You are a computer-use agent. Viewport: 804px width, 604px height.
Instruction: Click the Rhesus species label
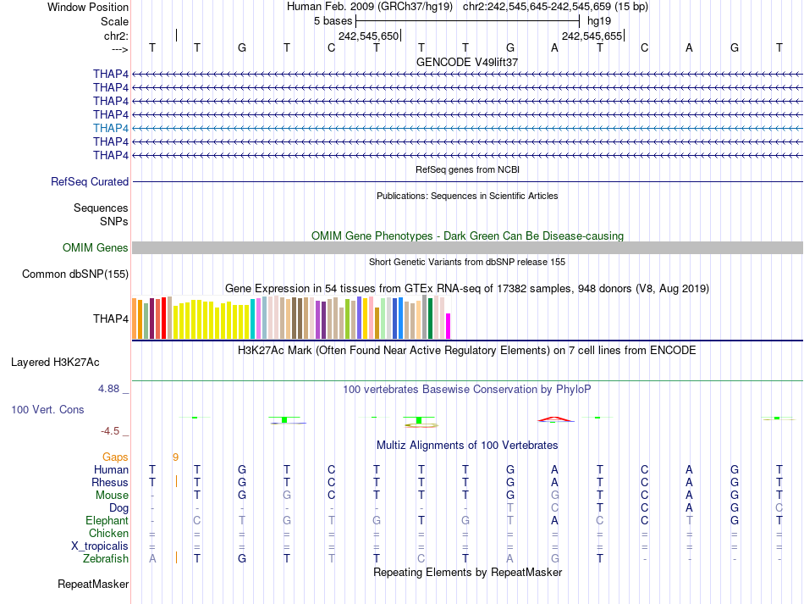point(110,482)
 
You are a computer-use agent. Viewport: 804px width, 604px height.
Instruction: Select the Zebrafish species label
point(106,558)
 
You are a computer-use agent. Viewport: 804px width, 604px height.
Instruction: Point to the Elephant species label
point(107,520)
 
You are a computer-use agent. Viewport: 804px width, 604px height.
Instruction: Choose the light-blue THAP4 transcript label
point(111,128)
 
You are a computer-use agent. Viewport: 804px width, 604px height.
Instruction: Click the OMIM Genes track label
point(96,248)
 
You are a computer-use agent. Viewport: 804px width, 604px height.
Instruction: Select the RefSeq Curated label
point(90,181)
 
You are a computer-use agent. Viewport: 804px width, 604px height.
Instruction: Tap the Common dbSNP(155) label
point(75,274)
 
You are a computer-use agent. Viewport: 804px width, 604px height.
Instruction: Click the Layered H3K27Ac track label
point(55,362)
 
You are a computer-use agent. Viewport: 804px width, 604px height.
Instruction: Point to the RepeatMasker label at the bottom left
point(93,584)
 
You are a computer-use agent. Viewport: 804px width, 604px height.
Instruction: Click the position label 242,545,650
point(368,36)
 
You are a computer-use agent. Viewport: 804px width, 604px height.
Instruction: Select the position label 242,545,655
point(592,36)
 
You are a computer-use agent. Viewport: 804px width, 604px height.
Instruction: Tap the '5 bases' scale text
point(333,19)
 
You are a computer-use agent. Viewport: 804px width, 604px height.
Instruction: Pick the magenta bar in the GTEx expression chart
point(449,326)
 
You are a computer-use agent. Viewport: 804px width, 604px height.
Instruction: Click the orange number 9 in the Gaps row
point(175,457)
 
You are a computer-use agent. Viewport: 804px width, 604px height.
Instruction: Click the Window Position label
point(88,7)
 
